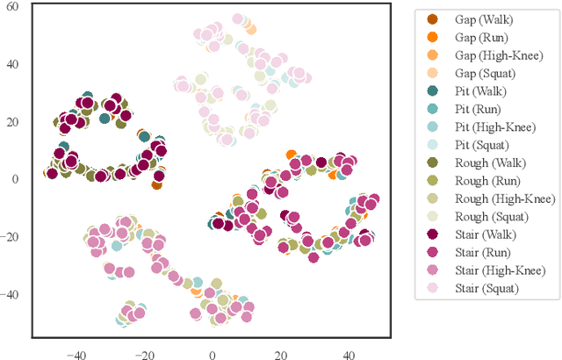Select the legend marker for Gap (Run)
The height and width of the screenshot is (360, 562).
pos(433,37)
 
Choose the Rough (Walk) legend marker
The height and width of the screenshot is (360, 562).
pos(433,162)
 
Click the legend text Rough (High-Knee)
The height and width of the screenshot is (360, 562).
pos(500,198)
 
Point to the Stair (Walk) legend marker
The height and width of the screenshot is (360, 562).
pos(433,234)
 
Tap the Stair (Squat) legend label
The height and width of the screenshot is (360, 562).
pos(486,288)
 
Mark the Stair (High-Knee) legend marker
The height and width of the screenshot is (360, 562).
pos(433,270)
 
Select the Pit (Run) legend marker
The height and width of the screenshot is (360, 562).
pos(433,109)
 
